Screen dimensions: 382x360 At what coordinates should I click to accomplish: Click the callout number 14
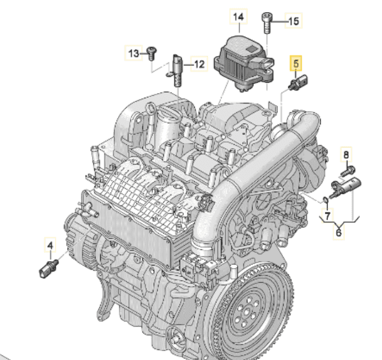238,17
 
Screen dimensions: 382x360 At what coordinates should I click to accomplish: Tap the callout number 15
293,21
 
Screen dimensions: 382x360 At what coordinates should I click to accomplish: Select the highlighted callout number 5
296,63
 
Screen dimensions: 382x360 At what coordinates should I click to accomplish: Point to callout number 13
134,53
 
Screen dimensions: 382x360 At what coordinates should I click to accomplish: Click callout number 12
199,64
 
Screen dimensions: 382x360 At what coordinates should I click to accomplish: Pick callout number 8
346,155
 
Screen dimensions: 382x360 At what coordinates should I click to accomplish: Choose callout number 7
328,216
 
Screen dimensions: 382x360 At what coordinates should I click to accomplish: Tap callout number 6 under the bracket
339,233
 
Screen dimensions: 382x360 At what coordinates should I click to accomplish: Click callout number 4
50,245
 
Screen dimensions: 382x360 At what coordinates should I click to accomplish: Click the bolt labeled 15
266,23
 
